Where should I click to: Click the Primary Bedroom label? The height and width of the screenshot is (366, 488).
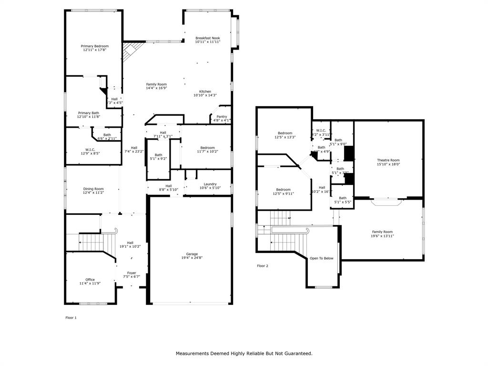point(94,46)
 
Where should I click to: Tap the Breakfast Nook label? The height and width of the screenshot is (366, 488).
point(207,38)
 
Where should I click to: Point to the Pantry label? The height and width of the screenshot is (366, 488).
point(222,116)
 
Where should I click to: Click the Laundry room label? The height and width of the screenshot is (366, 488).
point(210,184)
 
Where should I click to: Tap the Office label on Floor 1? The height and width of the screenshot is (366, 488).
point(90,280)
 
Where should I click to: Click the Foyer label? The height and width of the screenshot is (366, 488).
point(132,273)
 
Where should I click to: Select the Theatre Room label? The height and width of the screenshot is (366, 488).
point(388,160)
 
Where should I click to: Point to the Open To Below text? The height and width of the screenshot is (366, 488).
point(322,258)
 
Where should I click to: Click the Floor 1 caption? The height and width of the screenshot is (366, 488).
point(71,317)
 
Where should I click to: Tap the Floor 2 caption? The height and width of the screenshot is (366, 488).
point(263,266)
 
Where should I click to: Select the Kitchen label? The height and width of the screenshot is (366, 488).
point(205,91)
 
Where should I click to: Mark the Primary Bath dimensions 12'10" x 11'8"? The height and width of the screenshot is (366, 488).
point(89,117)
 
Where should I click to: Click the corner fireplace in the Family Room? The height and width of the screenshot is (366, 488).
point(132,49)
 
